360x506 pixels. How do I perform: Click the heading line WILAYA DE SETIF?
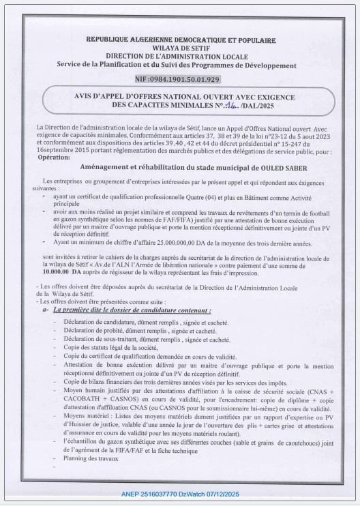[181, 49]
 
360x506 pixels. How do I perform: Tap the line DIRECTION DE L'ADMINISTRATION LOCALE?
[181, 57]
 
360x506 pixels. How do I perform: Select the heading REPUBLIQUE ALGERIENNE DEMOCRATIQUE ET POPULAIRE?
[181, 40]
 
